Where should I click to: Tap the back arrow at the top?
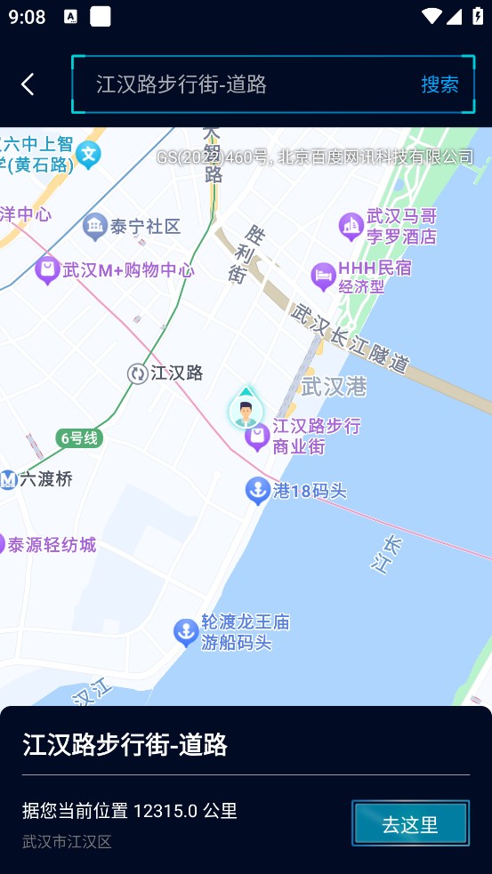click(x=28, y=84)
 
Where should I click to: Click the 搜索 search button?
click(x=440, y=84)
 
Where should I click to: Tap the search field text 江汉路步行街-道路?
click(x=181, y=84)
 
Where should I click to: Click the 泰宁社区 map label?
click(x=145, y=227)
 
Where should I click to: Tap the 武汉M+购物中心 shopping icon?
click(x=48, y=269)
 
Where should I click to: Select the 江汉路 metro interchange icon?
click(x=137, y=373)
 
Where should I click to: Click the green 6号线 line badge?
click(x=80, y=437)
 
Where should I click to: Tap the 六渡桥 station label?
click(x=45, y=479)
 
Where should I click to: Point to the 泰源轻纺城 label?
click(x=52, y=544)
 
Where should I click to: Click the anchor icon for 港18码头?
click(x=258, y=490)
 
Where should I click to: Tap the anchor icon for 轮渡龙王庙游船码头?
click(x=185, y=632)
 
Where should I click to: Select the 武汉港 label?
click(x=334, y=387)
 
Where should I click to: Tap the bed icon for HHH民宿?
click(x=323, y=277)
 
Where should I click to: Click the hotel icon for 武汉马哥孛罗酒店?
click(x=351, y=226)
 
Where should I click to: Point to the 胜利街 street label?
click(x=246, y=253)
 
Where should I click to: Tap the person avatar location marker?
click(x=246, y=410)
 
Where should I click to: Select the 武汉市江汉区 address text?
click(x=67, y=841)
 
